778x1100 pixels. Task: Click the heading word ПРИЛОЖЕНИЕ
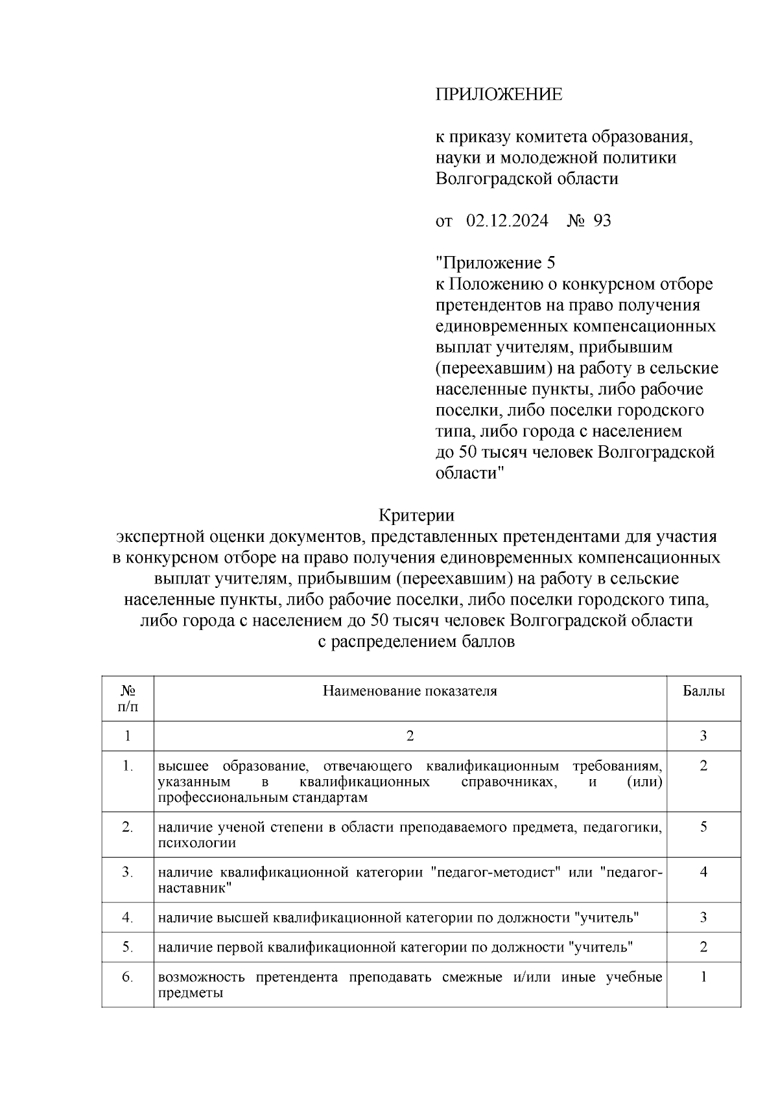pos(498,95)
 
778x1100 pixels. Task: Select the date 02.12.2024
pos(507,221)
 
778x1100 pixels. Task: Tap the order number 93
pos(602,221)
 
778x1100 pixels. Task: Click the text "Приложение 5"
pos(495,263)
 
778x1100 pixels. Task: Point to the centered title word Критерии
pos(416,515)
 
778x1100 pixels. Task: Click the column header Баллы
pos(703,691)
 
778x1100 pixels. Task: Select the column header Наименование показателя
pos(410,691)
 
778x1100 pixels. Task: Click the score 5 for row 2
pos(703,827)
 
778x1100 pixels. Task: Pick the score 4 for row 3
pos(703,872)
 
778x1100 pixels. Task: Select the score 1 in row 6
pos(703,977)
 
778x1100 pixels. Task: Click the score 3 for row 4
pos(703,918)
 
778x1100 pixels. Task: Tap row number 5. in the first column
pos(128,948)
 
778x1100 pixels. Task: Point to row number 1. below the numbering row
pos(128,766)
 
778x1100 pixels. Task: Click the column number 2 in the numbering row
pos(410,736)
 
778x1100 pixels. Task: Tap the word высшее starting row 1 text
pos(183,766)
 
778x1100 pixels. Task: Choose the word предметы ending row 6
pos(191,993)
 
